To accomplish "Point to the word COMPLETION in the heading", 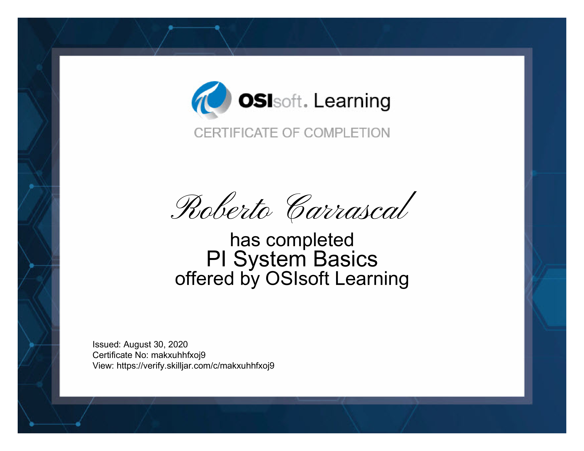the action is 347,133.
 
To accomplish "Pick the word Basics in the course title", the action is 345,259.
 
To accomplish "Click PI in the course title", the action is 216,259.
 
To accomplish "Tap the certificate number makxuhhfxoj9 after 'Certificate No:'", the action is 178,355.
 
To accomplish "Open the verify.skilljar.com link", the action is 196,366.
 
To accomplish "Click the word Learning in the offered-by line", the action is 372,279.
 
